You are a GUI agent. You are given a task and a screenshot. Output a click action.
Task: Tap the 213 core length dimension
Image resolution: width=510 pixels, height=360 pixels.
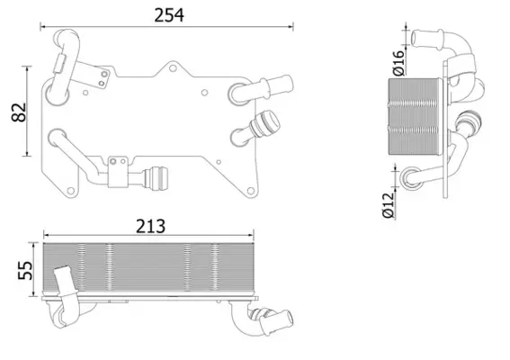click(151, 226)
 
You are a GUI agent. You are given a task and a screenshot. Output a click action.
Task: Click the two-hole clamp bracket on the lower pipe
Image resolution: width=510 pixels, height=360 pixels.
click(118, 172)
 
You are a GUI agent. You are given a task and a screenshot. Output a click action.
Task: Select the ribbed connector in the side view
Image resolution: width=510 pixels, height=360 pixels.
click(469, 126)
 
